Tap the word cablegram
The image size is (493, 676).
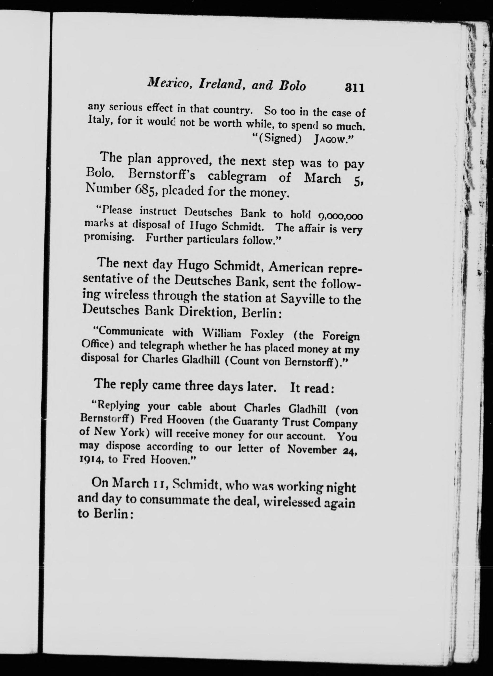237,176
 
